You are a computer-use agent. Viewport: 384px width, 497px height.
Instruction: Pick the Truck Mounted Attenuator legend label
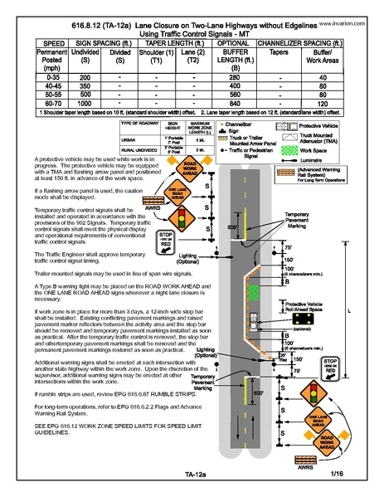pyautogui.click(x=323, y=138)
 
